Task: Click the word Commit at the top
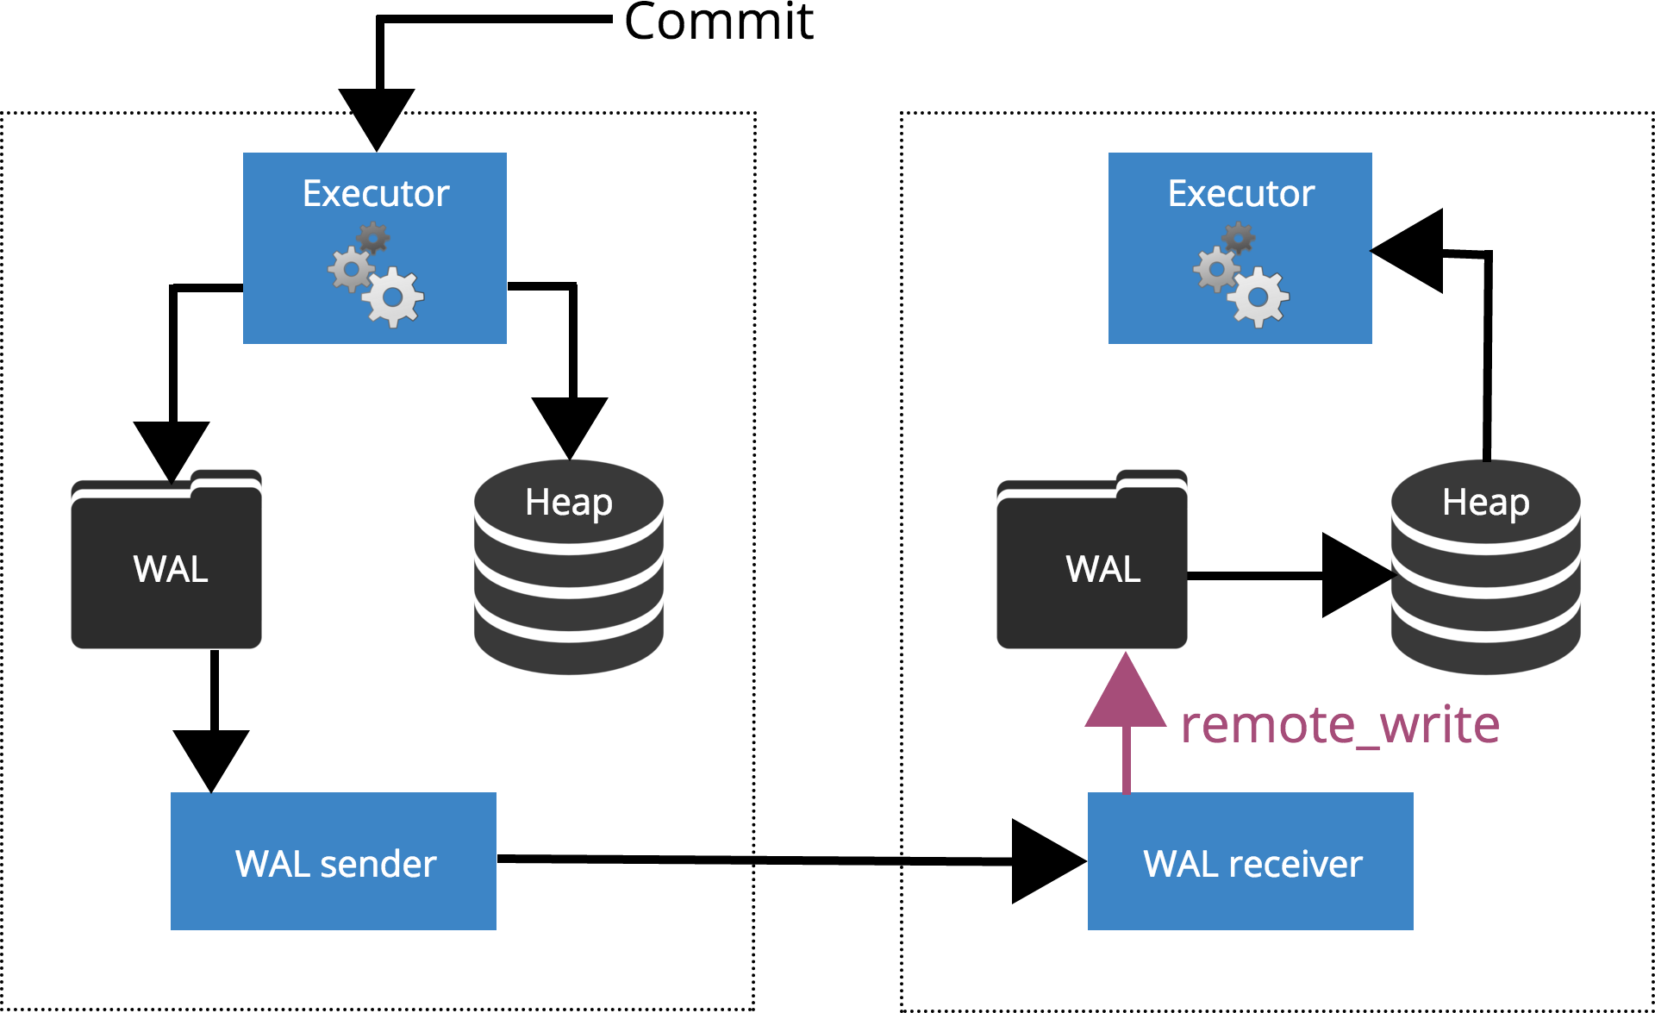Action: click(718, 22)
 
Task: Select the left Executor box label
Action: click(376, 194)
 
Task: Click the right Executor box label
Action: click(1240, 194)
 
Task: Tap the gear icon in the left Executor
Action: click(377, 276)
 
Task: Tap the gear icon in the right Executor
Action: click(1241, 276)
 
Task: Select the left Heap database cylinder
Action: click(569, 569)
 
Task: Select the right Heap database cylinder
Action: click(1485, 569)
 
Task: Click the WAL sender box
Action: click(334, 861)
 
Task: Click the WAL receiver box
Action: click(1250, 861)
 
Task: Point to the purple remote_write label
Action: click(1340, 724)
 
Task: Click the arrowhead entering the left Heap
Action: click(570, 424)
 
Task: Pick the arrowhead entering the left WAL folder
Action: click(172, 448)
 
